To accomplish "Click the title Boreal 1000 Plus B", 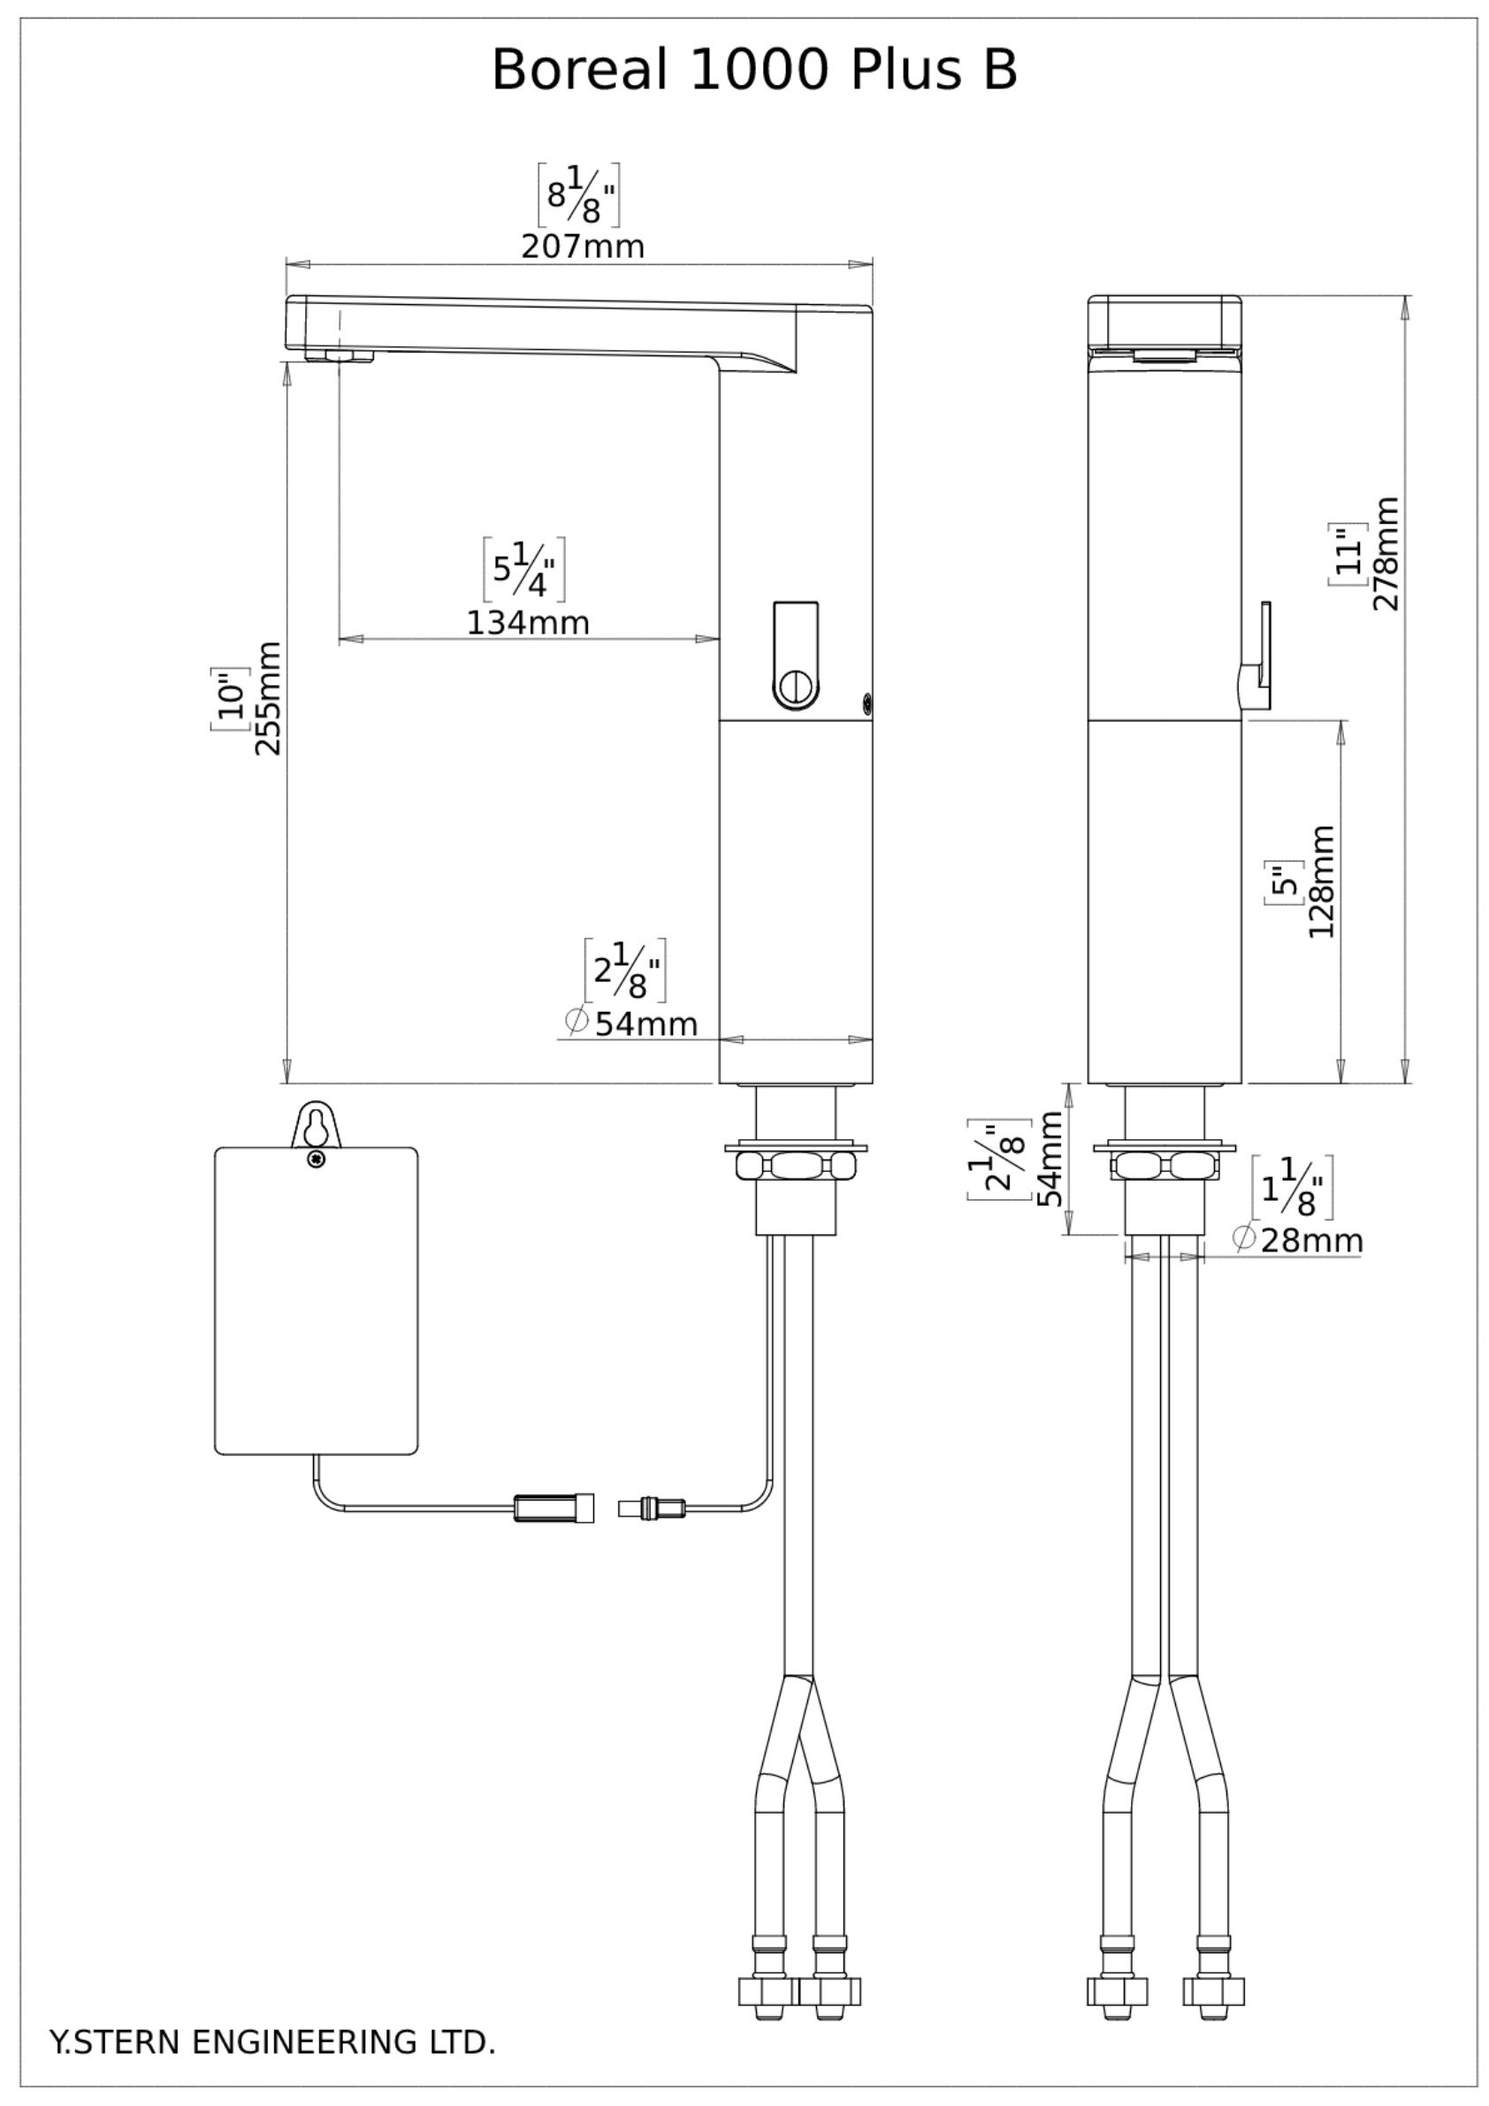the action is [754, 70].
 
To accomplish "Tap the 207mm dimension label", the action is [583, 247].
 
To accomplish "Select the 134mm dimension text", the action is [528, 623].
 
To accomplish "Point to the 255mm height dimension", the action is [267, 698].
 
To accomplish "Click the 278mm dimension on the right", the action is [1386, 553].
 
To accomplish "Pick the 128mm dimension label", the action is [1321, 880].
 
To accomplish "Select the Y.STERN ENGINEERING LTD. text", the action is [271, 2041].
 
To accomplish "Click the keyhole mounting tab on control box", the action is [316, 1123].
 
